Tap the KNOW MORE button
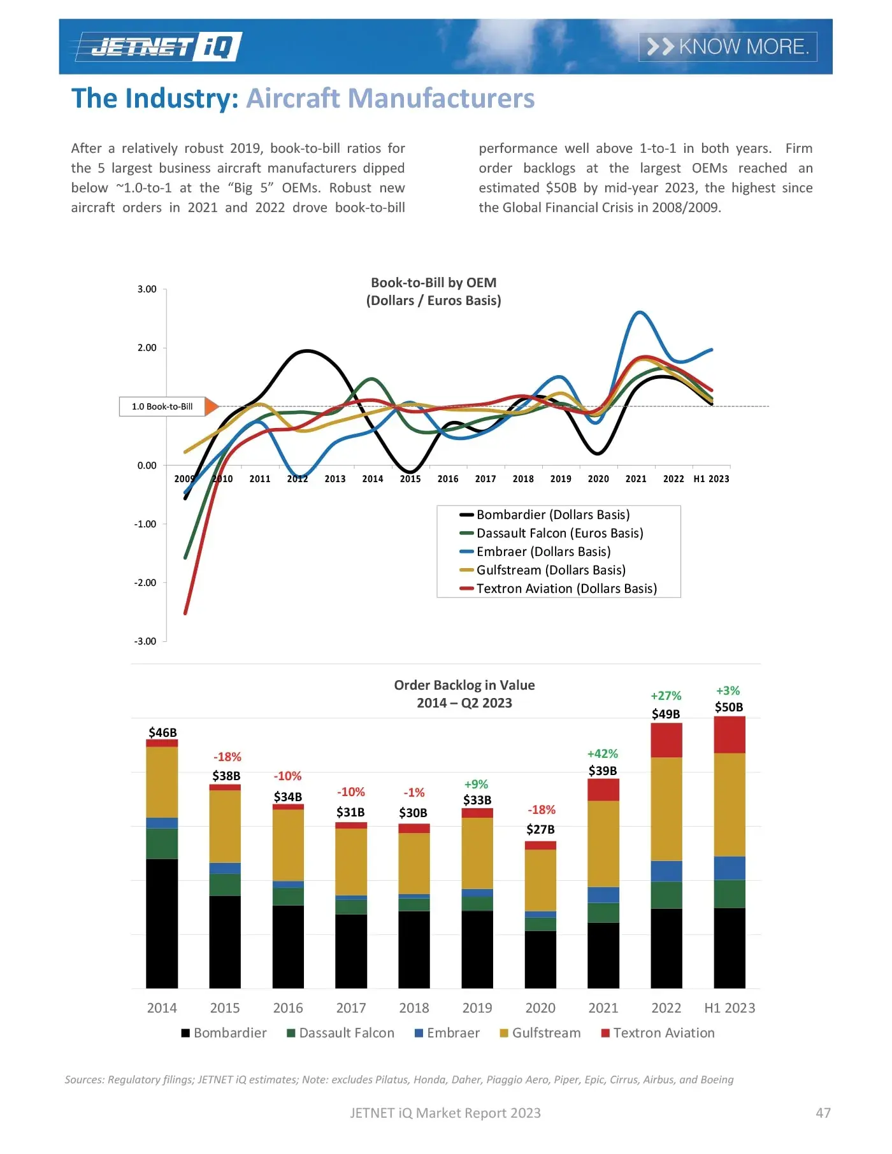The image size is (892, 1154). point(728,46)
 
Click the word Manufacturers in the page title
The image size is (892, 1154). point(390,99)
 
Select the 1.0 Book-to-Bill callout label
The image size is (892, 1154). point(162,406)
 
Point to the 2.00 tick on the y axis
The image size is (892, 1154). point(147,348)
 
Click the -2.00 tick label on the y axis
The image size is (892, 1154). point(145,583)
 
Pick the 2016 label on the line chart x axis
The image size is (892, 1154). point(448,479)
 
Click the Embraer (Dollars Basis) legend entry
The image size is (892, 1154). point(543,552)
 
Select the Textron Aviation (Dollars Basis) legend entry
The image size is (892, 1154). point(566,588)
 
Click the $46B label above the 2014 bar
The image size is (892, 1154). point(162,732)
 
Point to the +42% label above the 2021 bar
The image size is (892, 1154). point(602,753)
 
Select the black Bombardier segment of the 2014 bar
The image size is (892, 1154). point(162,923)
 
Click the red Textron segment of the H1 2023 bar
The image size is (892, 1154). point(729,735)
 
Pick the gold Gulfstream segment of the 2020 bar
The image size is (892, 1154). point(540,880)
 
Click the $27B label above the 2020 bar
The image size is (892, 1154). point(540,829)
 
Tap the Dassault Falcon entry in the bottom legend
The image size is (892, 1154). point(346,1033)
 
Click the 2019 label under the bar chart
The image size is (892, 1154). point(477,1008)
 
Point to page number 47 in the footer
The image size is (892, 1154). point(823,1113)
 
